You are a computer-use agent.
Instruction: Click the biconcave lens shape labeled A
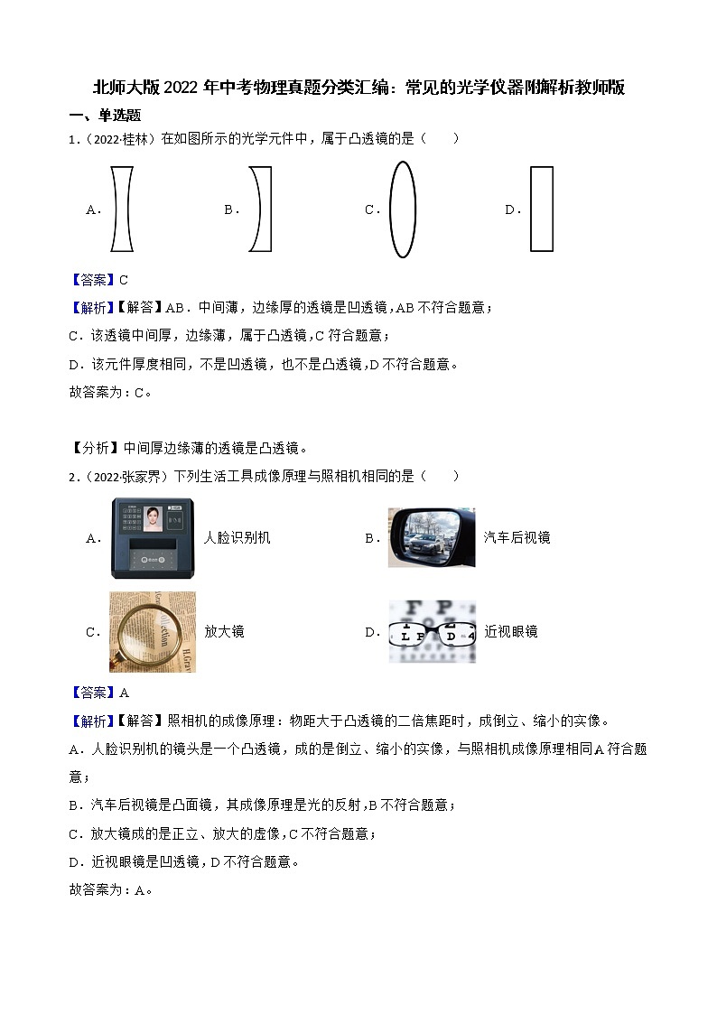pos(122,209)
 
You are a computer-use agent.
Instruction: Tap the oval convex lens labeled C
pos(402,209)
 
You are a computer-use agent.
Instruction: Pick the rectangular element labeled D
pos(541,209)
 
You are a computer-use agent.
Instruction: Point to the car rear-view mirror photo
pos(431,537)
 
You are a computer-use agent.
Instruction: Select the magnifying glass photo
pos(153,632)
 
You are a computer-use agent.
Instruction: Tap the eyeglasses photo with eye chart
pos(431,631)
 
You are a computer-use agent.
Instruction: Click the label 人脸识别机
pos(237,537)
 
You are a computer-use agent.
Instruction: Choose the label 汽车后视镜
pos(517,537)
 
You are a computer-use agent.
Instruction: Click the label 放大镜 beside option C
pos(224,631)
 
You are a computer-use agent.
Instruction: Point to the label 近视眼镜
pos(510,631)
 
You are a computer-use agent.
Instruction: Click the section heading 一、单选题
pos(105,116)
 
